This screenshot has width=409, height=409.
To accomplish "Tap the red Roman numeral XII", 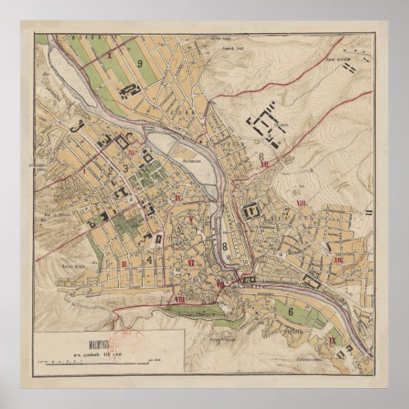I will pos(264,164).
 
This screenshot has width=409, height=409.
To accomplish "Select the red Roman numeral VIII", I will pos(179,299).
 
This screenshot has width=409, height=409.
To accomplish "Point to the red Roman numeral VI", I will pos(190,263).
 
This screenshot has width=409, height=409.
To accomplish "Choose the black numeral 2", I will pos(112,171).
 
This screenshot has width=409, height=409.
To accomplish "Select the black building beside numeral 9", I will pos(129,90).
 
